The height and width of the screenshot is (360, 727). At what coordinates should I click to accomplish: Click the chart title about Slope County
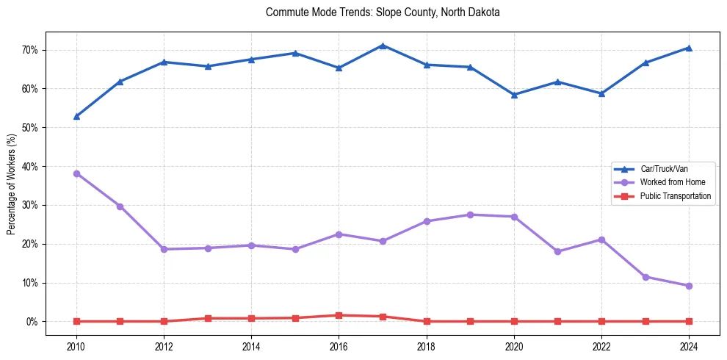[383, 12]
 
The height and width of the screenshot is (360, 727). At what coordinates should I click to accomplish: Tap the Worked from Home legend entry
[667, 182]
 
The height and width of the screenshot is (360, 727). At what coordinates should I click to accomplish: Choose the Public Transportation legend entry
[675, 196]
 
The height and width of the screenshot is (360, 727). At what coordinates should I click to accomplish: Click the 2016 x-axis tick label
[339, 346]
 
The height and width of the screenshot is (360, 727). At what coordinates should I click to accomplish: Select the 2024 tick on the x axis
[689, 346]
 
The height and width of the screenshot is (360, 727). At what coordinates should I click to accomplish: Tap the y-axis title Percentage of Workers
[12, 184]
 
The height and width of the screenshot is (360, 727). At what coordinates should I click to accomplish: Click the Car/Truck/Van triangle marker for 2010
[76, 116]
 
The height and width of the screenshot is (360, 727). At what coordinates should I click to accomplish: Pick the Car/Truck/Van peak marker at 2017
[383, 46]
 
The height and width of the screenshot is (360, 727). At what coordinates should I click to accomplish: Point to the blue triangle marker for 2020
[514, 95]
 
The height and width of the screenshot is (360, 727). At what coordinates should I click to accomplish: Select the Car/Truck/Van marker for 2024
[689, 48]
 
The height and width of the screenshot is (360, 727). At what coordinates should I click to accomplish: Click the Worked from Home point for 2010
[76, 174]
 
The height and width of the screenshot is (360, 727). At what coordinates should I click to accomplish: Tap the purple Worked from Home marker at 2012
[164, 249]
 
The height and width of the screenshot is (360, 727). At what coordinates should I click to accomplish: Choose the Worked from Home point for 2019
[470, 215]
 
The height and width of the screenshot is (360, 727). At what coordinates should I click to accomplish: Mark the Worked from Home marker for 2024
[689, 286]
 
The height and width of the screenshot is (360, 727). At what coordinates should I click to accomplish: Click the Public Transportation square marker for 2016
[339, 315]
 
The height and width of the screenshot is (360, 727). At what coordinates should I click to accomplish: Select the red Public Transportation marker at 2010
[76, 321]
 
